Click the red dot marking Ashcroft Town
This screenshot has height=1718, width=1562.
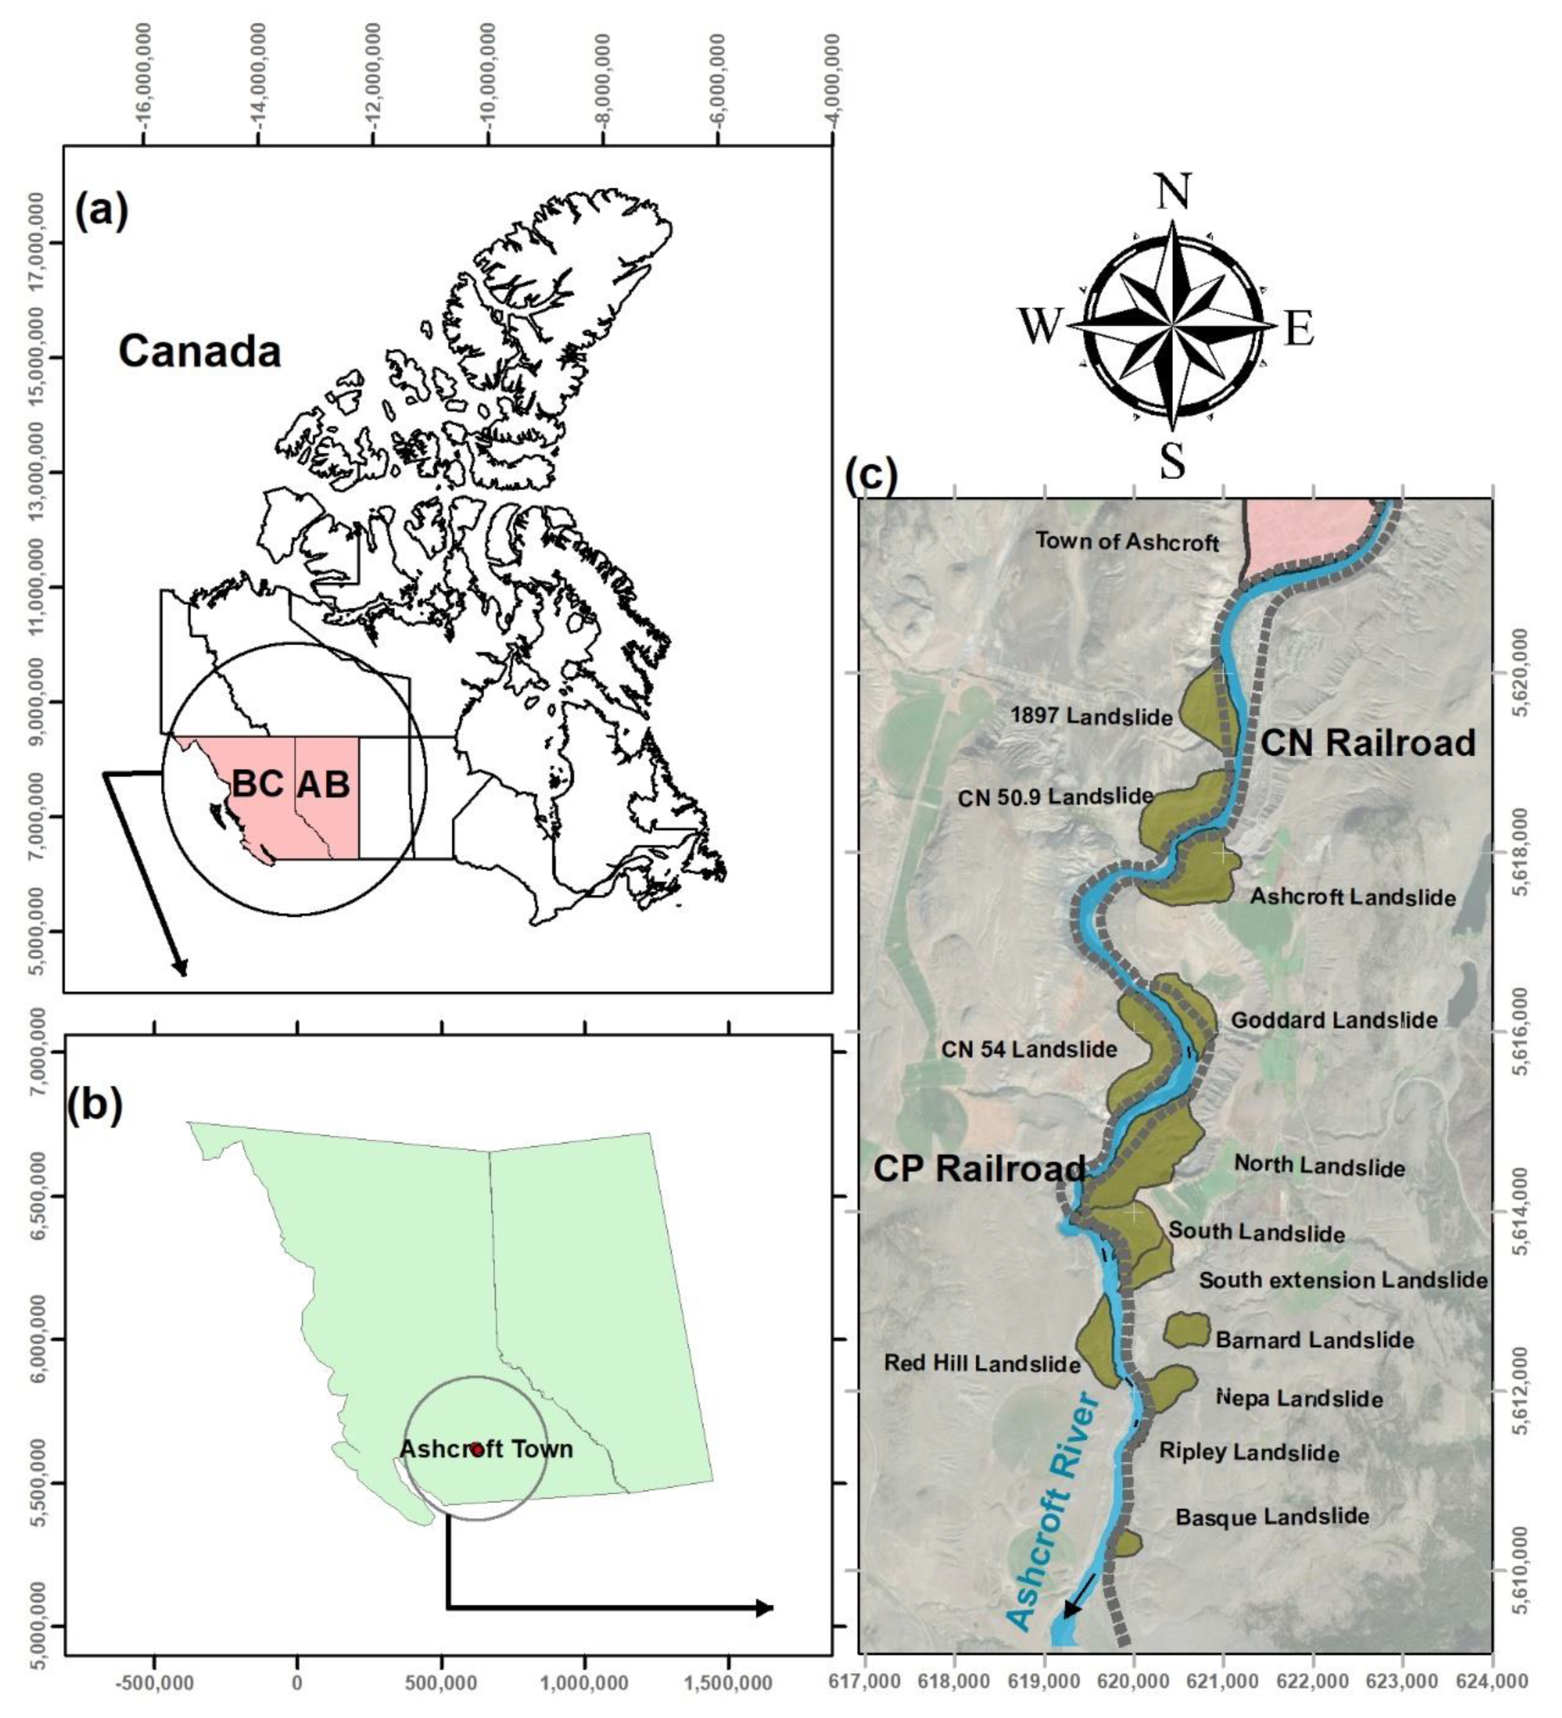(x=477, y=1449)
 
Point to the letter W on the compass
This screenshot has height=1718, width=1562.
(x=1041, y=326)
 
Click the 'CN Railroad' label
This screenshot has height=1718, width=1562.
(x=1367, y=743)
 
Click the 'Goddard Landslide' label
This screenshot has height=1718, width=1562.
(x=1334, y=1020)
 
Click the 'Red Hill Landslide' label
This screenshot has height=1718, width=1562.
(x=981, y=1363)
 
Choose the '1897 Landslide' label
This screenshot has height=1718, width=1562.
(x=1091, y=716)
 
